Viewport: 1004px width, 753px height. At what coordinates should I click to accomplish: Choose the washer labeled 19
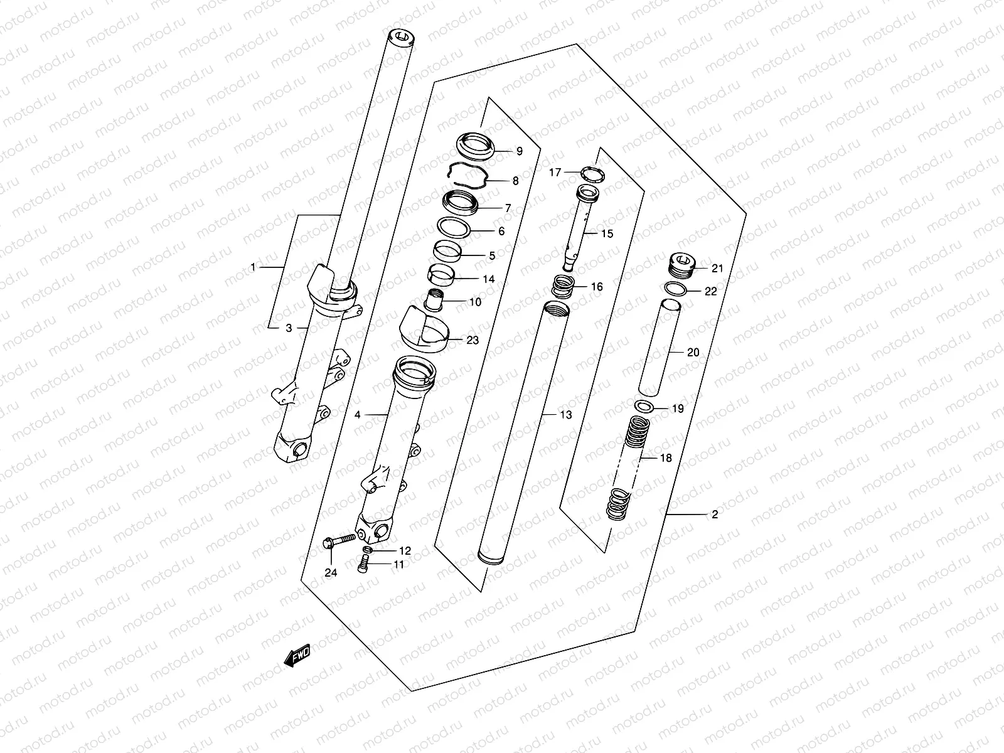pos(644,406)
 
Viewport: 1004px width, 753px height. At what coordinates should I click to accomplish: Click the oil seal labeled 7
pos(461,203)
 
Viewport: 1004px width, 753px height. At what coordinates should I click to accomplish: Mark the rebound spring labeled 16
pos(564,288)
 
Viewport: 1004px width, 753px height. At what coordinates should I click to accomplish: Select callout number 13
pos(566,415)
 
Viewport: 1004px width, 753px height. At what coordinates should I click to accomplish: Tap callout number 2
pos(715,515)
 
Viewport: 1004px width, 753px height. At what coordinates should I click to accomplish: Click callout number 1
pos(253,267)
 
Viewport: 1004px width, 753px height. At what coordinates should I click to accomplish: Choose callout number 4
pos(358,415)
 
